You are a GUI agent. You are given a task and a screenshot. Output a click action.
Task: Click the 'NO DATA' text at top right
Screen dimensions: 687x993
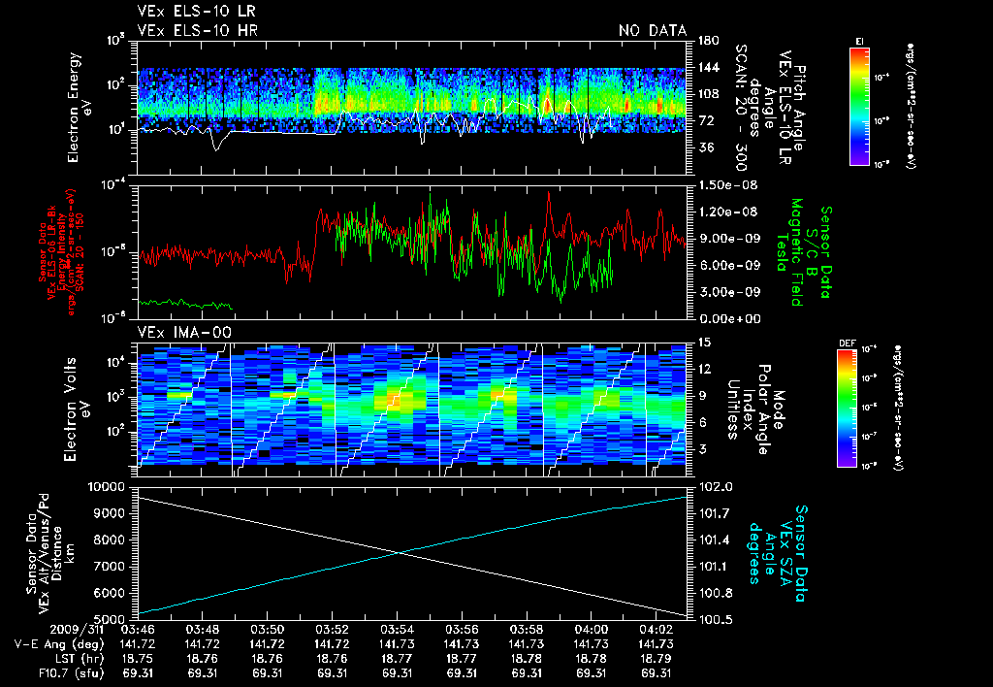pyautogui.click(x=653, y=31)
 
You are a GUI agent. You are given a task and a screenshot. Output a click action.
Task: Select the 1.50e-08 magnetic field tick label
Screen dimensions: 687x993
pyautogui.click(x=726, y=184)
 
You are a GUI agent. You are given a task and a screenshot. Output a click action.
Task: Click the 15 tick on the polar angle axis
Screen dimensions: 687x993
pyautogui.click(x=704, y=343)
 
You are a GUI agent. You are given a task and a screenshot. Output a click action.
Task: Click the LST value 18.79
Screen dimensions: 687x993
pyautogui.click(x=657, y=658)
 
